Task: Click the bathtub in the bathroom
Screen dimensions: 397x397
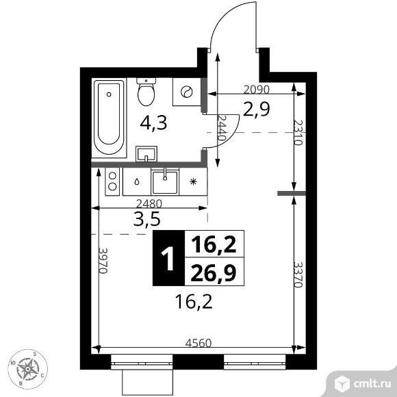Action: tap(109, 118)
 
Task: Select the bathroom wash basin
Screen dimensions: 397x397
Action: tap(146, 154)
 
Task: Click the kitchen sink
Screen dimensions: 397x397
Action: tap(165, 182)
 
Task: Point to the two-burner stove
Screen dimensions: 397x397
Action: tap(112, 181)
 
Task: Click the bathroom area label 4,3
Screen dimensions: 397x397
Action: tap(153, 123)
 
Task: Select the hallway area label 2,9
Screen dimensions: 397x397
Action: tap(257, 110)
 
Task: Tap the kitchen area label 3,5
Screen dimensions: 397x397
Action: tap(147, 219)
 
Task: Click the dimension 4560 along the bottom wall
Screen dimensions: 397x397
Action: tap(198, 344)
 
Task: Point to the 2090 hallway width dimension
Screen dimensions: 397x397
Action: tap(256, 90)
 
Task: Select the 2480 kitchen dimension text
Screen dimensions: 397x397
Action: tap(149, 203)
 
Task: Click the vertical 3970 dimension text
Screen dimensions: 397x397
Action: tap(103, 261)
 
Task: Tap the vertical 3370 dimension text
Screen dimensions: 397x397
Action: tap(298, 274)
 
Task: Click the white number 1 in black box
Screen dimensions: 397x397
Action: tap(168, 258)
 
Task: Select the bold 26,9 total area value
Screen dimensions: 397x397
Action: tap(214, 273)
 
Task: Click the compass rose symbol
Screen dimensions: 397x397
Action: tap(27, 369)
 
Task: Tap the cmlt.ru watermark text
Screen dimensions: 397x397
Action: tap(372, 384)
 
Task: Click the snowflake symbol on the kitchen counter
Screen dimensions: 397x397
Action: tap(193, 181)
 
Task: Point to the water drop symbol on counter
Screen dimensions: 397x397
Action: tap(137, 181)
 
